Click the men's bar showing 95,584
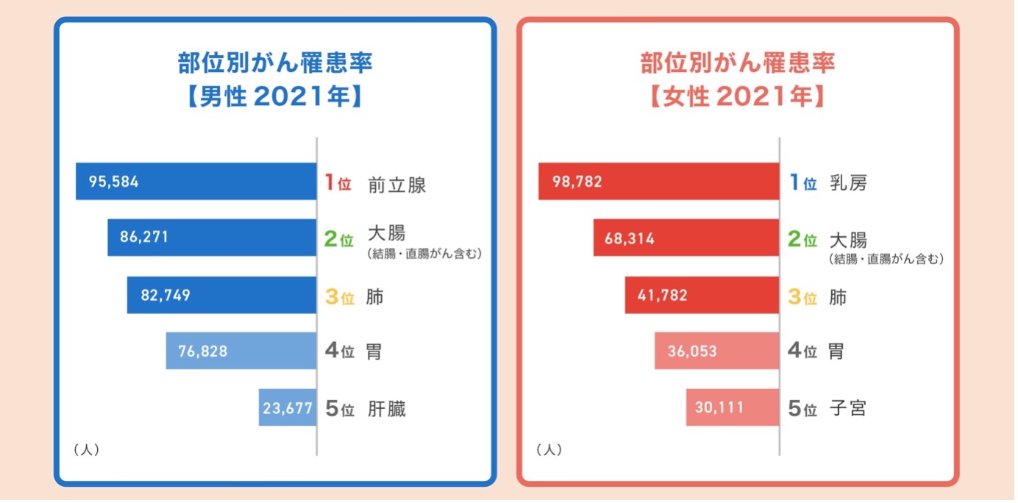click(x=196, y=182)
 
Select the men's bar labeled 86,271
click(x=213, y=238)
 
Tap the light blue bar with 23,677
click(x=288, y=407)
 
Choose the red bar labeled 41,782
click(x=703, y=296)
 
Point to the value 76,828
click(x=203, y=352)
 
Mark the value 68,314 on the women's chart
click(x=630, y=238)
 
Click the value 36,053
click(x=692, y=352)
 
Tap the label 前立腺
click(x=398, y=184)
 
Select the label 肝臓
click(x=388, y=409)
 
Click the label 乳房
click(x=849, y=183)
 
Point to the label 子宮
click(x=848, y=408)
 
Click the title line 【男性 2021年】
click(x=274, y=97)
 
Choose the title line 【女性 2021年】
click(x=738, y=97)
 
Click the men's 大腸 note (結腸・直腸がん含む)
click(x=424, y=255)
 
